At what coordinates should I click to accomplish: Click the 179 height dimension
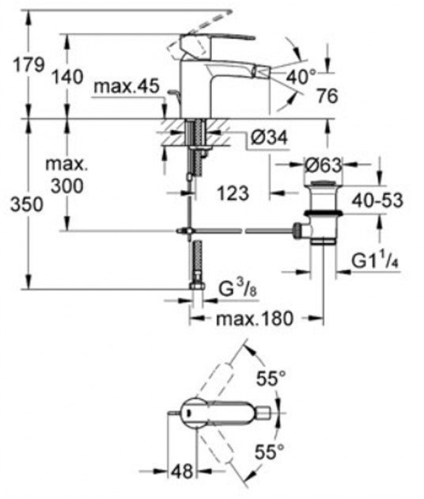pyautogui.click(x=28, y=66)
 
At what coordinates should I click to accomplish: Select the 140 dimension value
pyautogui.click(x=68, y=77)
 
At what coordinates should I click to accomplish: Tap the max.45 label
pyautogui.click(x=127, y=86)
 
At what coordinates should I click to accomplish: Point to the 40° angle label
pyautogui.click(x=301, y=77)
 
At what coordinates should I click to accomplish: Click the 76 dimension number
pyautogui.click(x=327, y=96)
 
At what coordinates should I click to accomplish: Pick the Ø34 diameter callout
pyautogui.click(x=269, y=138)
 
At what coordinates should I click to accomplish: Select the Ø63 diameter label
pyautogui.click(x=323, y=165)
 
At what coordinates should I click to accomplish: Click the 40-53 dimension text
pyautogui.click(x=377, y=200)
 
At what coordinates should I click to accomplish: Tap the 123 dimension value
pyautogui.click(x=233, y=193)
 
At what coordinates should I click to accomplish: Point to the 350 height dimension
pyautogui.click(x=27, y=204)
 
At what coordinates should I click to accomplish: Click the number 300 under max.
pyautogui.click(x=67, y=185)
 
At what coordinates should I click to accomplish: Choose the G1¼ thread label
pyautogui.click(x=375, y=261)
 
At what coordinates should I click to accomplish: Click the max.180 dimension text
pyautogui.click(x=254, y=318)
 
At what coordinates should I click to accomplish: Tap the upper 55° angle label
pyautogui.click(x=271, y=379)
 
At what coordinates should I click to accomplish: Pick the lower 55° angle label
pyautogui.click(x=269, y=451)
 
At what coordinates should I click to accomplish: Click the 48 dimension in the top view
pyautogui.click(x=183, y=471)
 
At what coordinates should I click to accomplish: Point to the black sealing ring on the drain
pyautogui.click(x=322, y=213)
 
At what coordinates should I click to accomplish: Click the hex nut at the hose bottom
pyautogui.click(x=198, y=284)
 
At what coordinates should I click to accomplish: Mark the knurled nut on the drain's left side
pyautogui.click(x=297, y=230)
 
